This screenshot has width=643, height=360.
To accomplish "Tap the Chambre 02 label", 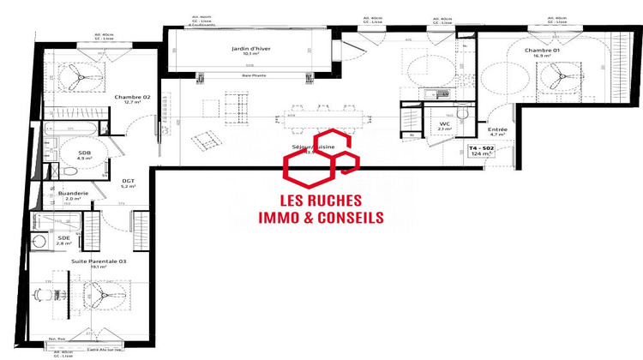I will (133, 97).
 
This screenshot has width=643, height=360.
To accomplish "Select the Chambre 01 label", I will (542, 51).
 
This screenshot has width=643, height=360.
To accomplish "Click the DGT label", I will (129, 180).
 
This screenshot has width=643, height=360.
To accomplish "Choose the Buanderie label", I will (74, 194).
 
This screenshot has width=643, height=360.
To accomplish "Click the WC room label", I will (445, 123).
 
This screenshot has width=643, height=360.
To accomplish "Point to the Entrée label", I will (498, 129).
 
